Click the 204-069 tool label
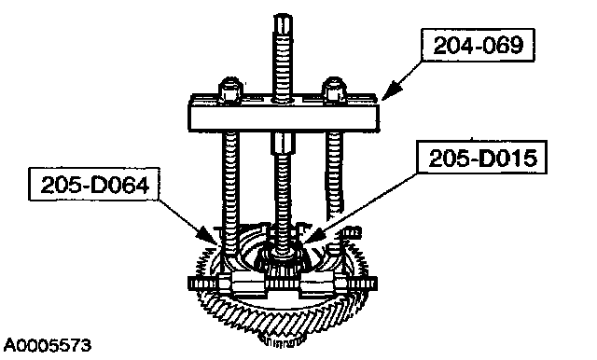(x=478, y=46)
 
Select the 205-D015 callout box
(x=482, y=158)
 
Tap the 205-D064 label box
(x=94, y=184)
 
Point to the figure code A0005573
(x=48, y=345)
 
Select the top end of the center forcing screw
(x=283, y=16)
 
